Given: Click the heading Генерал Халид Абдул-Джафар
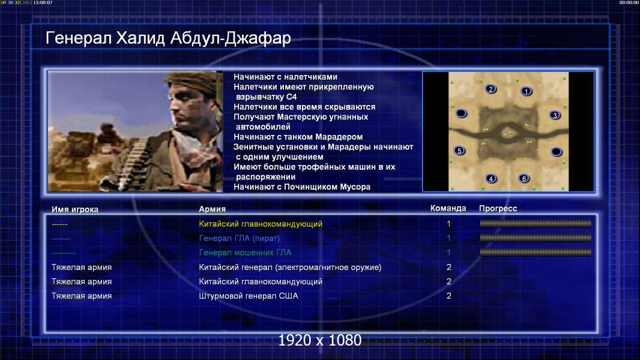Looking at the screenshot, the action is [x=168, y=38].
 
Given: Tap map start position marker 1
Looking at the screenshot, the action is [x=527, y=91].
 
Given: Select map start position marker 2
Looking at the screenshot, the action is [x=491, y=89].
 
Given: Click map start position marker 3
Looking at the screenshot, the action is [x=555, y=115].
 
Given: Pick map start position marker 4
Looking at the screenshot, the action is [x=491, y=178].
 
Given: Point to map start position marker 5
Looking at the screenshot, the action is [x=460, y=151].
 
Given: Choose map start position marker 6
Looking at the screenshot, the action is [x=524, y=178].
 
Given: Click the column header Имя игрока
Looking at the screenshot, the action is [x=74, y=209].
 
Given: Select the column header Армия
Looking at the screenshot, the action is [x=213, y=209].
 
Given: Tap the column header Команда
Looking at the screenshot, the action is [x=448, y=208].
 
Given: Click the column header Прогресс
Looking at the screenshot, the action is [x=498, y=208].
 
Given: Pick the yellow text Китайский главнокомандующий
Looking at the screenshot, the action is [x=261, y=224].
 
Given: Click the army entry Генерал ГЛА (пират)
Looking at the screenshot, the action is [x=239, y=238].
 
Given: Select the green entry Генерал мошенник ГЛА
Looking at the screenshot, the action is [x=245, y=253].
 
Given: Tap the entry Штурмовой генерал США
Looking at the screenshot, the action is [x=248, y=296].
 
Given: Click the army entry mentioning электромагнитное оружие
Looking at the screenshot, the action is [x=290, y=268].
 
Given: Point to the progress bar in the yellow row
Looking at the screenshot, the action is [x=536, y=223].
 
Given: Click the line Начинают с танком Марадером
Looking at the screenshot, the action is [x=298, y=137].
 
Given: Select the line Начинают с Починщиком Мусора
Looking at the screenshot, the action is [x=302, y=187].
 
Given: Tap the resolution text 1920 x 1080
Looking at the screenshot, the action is [x=320, y=340].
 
